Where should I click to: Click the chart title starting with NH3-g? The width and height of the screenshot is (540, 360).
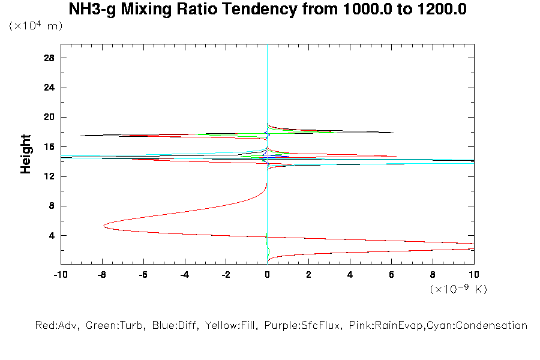[268, 10]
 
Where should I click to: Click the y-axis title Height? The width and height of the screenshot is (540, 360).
[26, 154]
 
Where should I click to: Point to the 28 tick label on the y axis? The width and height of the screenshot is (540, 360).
[49, 58]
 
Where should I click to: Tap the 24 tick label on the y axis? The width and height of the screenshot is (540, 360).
[49, 88]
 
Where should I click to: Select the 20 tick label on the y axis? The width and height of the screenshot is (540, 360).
[49, 117]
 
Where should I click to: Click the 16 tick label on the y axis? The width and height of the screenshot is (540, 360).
[49, 146]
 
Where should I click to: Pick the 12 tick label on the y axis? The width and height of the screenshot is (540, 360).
[49, 176]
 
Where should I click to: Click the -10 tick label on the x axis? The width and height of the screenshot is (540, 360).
[60, 274]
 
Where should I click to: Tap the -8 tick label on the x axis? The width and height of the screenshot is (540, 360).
[101, 274]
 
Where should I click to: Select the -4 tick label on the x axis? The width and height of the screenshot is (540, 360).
[184, 274]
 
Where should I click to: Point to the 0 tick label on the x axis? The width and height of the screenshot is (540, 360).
[267, 274]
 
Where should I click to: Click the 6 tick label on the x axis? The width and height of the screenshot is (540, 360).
[391, 274]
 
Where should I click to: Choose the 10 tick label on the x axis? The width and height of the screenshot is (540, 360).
[474, 274]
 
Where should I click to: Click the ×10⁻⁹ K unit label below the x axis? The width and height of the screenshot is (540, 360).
[458, 289]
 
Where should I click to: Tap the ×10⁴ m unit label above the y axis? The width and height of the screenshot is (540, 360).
[36, 26]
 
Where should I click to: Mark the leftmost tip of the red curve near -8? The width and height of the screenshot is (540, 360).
[104, 226]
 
